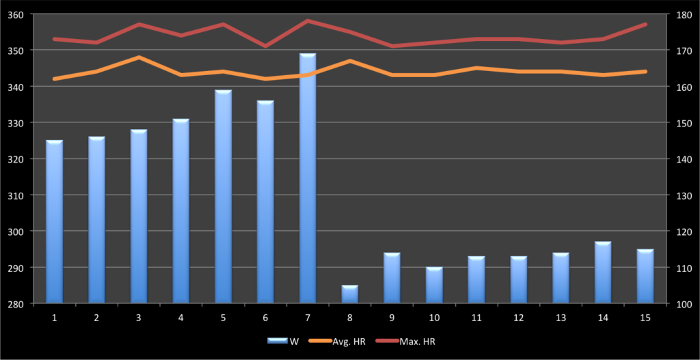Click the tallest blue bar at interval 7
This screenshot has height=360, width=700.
pyautogui.click(x=308, y=178)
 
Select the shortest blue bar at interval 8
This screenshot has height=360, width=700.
pyautogui.click(x=350, y=294)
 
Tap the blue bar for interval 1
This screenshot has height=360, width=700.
pyautogui.click(x=55, y=221)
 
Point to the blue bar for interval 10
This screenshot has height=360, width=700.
pyautogui.click(x=434, y=285)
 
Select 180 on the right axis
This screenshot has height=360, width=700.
pyautogui.click(x=685, y=14)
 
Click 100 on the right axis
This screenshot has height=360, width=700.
pyautogui.click(x=685, y=304)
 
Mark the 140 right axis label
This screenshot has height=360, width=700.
pyautogui.click(x=685, y=159)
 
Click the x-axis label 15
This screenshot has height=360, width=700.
pyautogui.click(x=645, y=318)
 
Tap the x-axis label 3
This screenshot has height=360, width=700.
pyautogui.click(x=139, y=318)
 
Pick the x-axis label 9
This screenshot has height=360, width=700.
pyautogui.click(x=392, y=318)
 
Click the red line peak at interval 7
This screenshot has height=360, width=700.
pyautogui.click(x=308, y=21)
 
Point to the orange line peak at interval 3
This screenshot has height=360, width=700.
pyautogui.click(x=139, y=57)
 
